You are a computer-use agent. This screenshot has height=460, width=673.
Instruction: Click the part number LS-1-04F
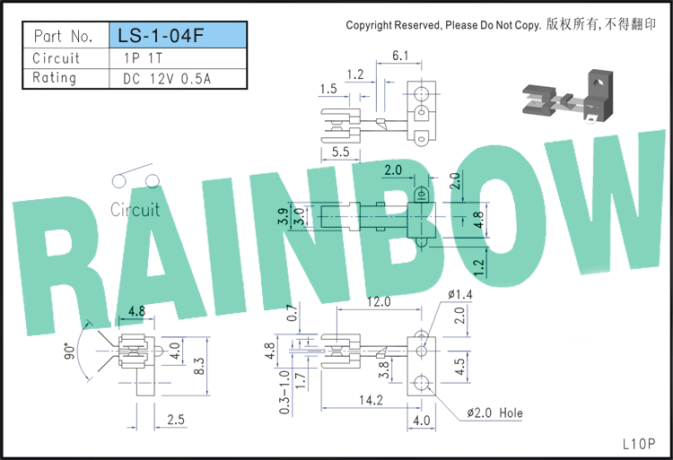(x=161, y=36)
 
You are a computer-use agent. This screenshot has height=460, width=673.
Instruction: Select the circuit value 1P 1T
(x=143, y=58)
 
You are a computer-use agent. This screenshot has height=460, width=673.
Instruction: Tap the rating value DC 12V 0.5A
(x=167, y=79)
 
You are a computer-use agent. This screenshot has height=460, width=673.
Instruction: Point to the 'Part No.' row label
(x=63, y=36)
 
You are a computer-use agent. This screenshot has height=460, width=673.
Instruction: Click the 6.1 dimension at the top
(x=400, y=56)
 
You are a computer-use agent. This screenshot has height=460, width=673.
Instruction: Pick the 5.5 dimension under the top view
(x=340, y=152)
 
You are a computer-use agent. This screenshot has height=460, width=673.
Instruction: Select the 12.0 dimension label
(x=379, y=302)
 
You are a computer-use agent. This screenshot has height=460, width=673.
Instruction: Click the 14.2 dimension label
(x=371, y=400)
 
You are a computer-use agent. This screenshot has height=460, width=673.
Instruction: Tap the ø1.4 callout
(x=459, y=294)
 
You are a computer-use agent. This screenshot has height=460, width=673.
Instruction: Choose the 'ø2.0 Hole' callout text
(x=494, y=412)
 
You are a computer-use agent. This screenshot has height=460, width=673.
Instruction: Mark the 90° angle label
(x=69, y=351)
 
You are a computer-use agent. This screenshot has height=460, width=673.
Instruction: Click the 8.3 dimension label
(x=199, y=366)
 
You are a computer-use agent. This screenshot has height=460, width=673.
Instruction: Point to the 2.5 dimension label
(x=176, y=420)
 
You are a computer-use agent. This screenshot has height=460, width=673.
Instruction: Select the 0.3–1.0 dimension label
(x=284, y=393)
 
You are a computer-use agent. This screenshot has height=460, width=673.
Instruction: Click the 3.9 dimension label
(x=283, y=216)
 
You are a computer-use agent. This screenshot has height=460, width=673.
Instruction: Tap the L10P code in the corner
(x=639, y=444)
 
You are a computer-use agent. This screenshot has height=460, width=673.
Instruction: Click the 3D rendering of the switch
(x=567, y=97)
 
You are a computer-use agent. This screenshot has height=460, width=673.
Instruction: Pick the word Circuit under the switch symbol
(x=135, y=210)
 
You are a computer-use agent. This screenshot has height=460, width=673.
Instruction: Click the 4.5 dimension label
(x=459, y=367)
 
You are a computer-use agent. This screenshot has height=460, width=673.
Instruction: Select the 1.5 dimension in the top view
(x=328, y=89)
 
